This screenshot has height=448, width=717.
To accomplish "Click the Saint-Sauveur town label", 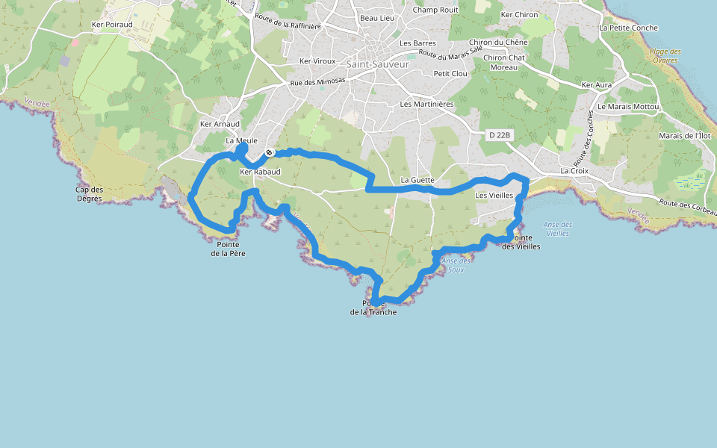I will (x=378, y=64).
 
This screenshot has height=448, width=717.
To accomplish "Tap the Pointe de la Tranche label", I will (x=373, y=308).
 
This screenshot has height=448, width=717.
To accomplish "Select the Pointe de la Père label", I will (x=228, y=249).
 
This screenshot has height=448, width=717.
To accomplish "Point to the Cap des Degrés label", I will (x=89, y=193).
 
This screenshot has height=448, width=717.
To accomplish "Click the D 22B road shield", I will (x=500, y=135).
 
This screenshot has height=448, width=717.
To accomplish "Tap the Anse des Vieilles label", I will (x=558, y=228).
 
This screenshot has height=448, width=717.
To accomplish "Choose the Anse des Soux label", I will (x=456, y=265).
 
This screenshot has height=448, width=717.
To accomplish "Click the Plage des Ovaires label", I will (x=665, y=56).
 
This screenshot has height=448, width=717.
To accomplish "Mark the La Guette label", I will (x=418, y=180).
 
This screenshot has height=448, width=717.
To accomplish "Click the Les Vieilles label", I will (x=494, y=196).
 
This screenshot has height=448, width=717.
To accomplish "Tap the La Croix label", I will (x=574, y=170).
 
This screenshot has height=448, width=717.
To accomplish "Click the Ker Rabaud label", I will (x=260, y=172).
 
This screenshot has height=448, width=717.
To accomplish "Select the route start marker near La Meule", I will (x=269, y=153).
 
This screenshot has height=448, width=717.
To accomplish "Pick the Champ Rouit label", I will (x=435, y=10).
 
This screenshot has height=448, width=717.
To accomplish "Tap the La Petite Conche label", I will (x=629, y=28).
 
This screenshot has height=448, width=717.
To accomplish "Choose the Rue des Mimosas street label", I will (x=317, y=82).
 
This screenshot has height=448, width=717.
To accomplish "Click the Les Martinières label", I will (x=427, y=104).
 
